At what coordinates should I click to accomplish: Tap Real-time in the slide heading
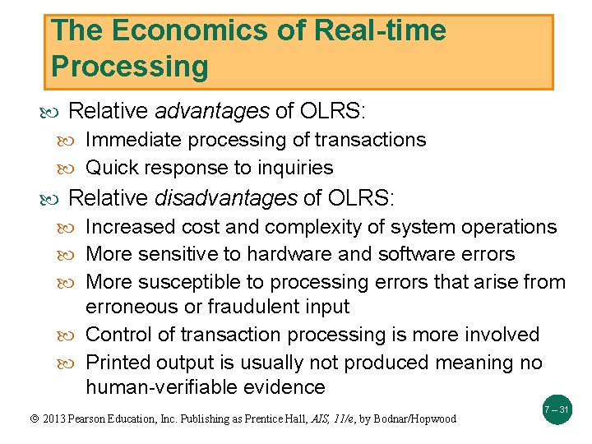point(380,31)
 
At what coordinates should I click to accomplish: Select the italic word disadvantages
point(226,198)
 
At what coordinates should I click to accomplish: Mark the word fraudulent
point(243,307)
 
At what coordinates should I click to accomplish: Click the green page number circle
point(557,409)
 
